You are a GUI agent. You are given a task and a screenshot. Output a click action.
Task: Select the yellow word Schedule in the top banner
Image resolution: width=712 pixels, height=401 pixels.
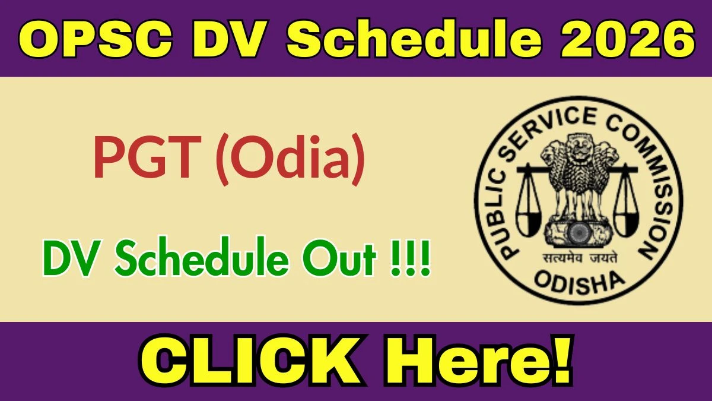(x=414, y=39)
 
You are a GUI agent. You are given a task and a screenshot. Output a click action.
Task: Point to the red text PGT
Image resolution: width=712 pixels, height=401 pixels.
(x=148, y=157)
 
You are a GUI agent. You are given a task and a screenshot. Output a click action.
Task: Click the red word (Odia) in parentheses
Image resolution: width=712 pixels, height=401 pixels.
(x=290, y=160)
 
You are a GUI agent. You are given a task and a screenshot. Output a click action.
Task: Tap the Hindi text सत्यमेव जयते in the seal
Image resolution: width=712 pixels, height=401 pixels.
(x=580, y=258)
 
